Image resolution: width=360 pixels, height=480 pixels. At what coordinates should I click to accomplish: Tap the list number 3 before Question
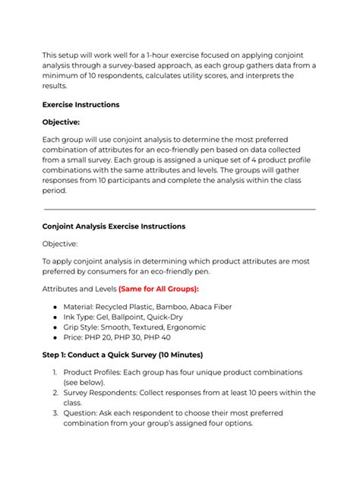[x=56, y=413]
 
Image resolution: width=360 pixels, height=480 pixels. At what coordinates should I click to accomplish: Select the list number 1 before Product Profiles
[x=56, y=372]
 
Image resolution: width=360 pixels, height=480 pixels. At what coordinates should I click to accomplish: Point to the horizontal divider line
[x=179, y=209]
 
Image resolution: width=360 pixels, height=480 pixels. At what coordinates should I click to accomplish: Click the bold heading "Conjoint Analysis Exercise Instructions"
[x=113, y=226]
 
